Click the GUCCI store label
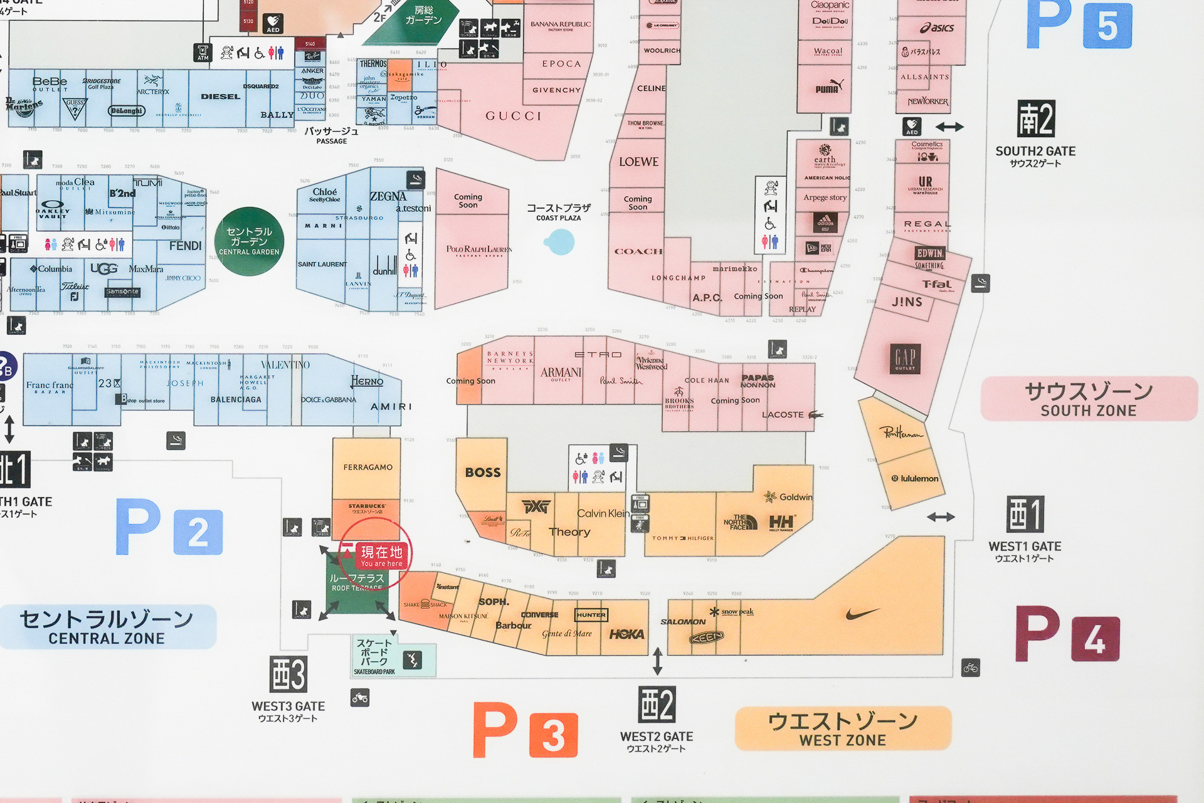click(513, 116)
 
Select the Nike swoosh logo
click(862, 614)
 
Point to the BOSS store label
click(483, 473)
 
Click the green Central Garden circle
click(249, 241)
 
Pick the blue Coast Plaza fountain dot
click(560, 242)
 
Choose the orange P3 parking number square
click(553, 735)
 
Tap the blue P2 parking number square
click(198, 532)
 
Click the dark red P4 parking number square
click(1095, 639)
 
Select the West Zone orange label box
click(843, 729)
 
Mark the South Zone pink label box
click(1089, 399)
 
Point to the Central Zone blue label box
click(107, 627)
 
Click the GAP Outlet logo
click(905, 359)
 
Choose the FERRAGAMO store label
click(367, 467)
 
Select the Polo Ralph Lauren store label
click(479, 250)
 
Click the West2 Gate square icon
click(657, 705)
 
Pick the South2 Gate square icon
click(1035, 118)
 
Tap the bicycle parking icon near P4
click(971, 668)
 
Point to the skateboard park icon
click(412, 659)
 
